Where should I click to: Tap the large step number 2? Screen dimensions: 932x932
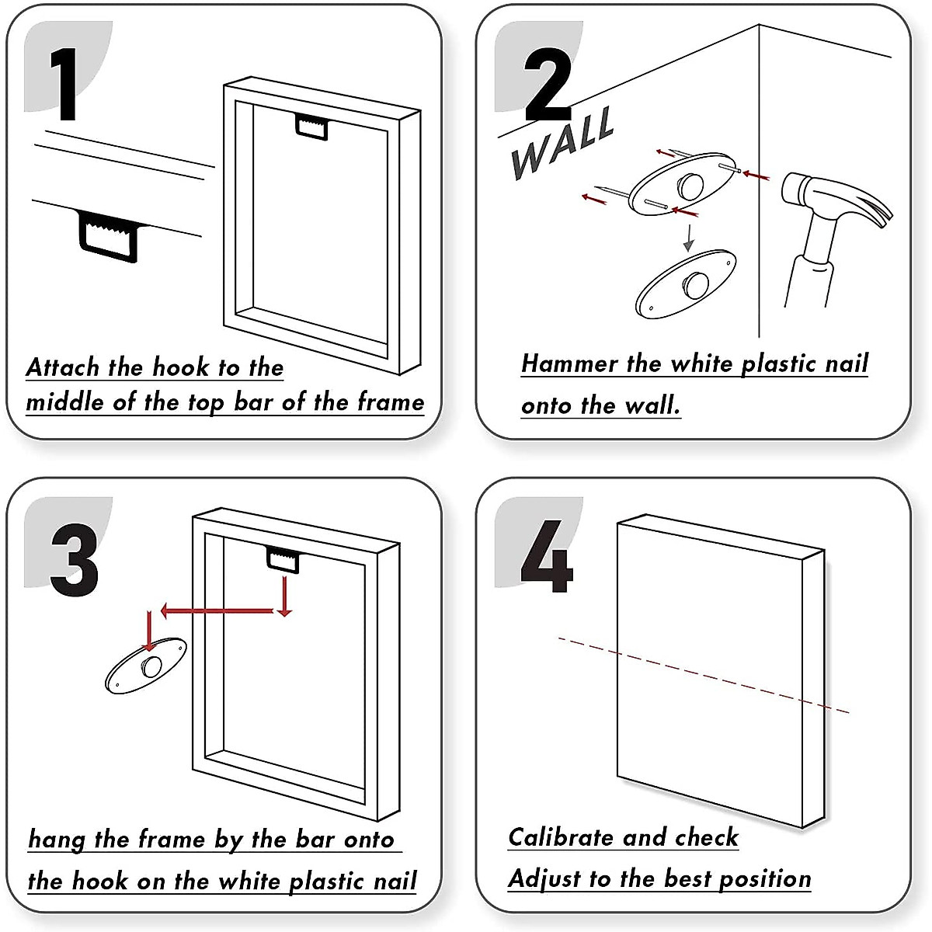(547, 85)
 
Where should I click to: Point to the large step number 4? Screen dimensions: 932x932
(546, 556)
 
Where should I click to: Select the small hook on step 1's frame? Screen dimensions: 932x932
(312, 127)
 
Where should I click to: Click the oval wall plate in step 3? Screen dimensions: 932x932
(146, 666)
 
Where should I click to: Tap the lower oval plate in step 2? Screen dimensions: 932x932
(684, 284)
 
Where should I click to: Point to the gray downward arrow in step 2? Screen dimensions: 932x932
(688, 237)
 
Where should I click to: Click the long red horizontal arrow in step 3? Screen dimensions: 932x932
(217, 611)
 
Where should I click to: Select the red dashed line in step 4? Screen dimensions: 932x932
(703, 674)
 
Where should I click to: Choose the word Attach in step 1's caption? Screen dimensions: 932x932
(63, 367)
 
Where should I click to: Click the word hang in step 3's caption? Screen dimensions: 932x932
(56, 840)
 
